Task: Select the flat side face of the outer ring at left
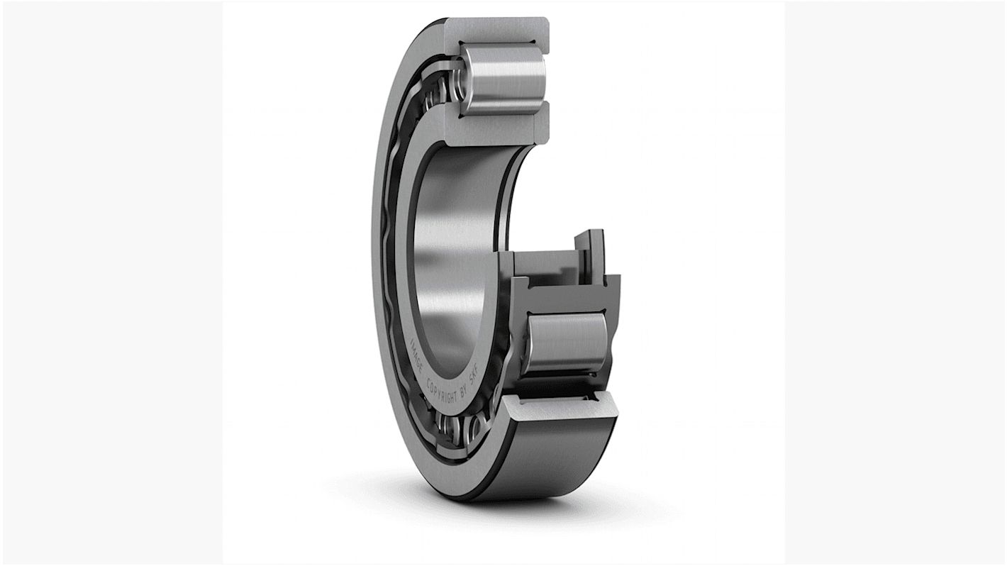pos(381,284)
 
